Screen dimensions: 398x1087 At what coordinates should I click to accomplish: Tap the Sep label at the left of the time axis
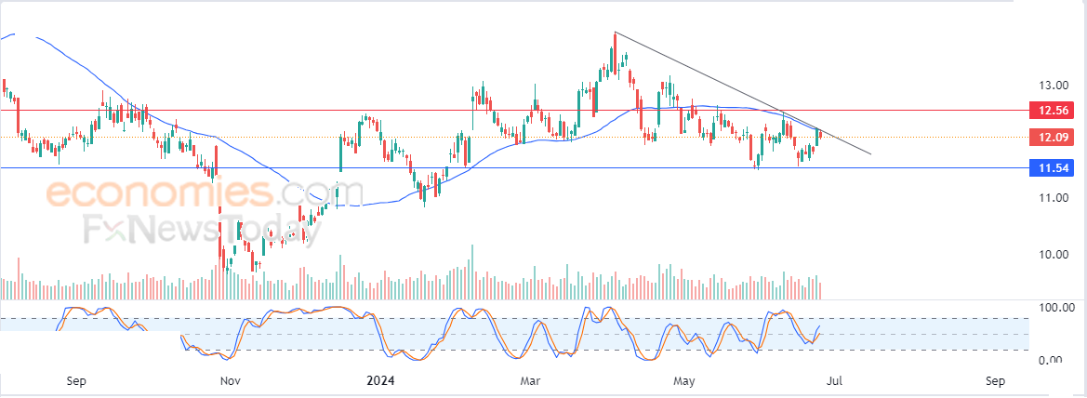pos(77,380)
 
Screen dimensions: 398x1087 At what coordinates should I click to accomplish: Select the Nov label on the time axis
pos(231,380)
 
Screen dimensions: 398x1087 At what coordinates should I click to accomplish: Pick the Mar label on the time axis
pos(531,380)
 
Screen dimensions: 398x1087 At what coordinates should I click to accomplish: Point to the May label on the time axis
pos(684,380)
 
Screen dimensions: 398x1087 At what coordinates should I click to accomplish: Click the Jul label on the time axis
pos(834,380)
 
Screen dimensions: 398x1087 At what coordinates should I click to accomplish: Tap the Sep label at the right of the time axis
pos(995,380)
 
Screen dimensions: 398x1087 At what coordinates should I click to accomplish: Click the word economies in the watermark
pos(159,193)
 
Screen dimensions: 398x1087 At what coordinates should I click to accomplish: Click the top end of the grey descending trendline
pos(616,33)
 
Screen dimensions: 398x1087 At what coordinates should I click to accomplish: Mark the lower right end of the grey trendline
pos(871,153)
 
